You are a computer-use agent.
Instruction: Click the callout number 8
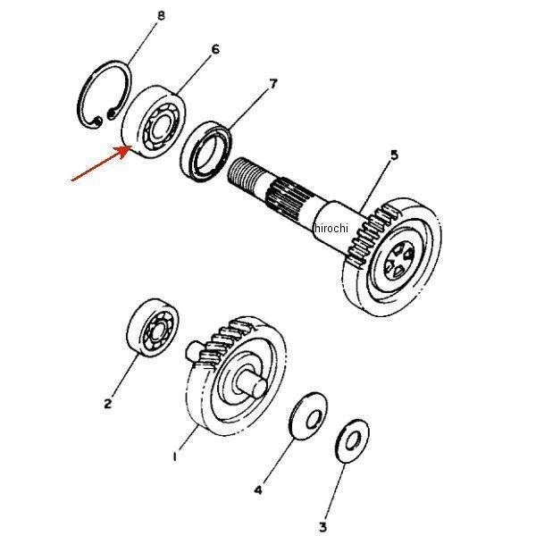161,15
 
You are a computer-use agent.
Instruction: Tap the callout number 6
215,49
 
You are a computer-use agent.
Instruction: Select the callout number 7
272,84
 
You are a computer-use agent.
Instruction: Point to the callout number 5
395,155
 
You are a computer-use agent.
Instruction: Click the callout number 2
108,404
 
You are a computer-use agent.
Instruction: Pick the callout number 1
175,456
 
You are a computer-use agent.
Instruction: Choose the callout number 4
258,490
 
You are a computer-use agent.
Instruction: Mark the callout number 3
322,527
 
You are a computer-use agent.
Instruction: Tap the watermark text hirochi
331,227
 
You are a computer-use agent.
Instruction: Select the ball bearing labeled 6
154,121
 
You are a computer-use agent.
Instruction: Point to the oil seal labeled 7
205,151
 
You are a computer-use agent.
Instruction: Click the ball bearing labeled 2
153,328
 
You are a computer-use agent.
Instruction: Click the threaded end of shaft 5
245,174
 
